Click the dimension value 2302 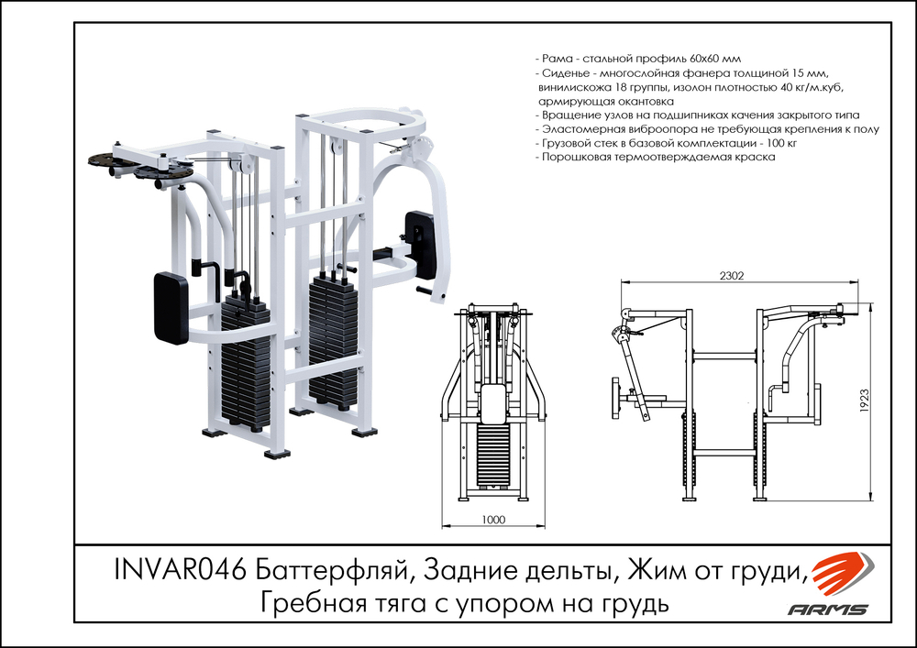click(731, 275)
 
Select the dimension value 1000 click(493, 520)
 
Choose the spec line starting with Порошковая click(657, 157)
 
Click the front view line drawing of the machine click(495, 403)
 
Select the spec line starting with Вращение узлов click(697, 115)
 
